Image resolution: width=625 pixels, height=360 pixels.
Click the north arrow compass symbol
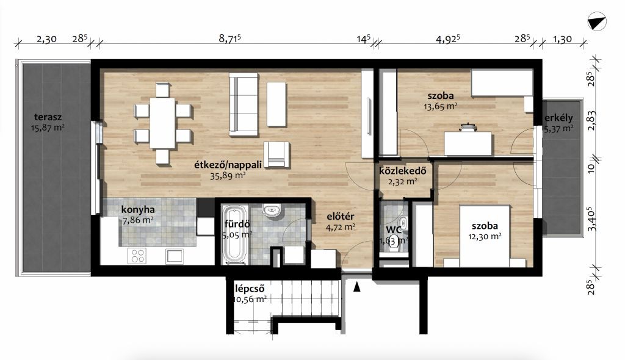(x=597, y=21)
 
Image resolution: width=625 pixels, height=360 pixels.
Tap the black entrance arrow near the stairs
(x=356, y=287)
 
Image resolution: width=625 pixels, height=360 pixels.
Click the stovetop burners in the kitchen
(x=137, y=256)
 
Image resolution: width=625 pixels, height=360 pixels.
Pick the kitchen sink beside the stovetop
(x=175, y=256)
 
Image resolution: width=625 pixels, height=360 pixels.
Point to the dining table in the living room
(x=162, y=124)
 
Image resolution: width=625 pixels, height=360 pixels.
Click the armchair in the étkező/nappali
(x=276, y=154)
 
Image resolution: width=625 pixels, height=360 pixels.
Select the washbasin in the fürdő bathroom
(x=272, y=210)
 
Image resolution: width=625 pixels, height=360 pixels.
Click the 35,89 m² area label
(x=228, y=175)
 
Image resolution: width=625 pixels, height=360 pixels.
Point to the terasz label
(x=48, y=117)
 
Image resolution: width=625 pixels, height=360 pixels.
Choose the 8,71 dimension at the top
(x=230, y=38)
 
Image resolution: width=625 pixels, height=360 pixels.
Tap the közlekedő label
(x=403, y=171)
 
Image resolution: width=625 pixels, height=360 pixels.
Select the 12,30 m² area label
(x=485, y=236)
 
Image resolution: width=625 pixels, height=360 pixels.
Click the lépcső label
(x=250, y=289)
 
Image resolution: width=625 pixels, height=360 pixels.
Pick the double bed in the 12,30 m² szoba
(x=485, y=236)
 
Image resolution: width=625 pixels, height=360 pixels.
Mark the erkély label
(x=559, y=118)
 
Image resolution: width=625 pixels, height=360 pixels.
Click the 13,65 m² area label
(x=441, y=106)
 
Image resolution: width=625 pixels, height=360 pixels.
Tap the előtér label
(x=341, y=217)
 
